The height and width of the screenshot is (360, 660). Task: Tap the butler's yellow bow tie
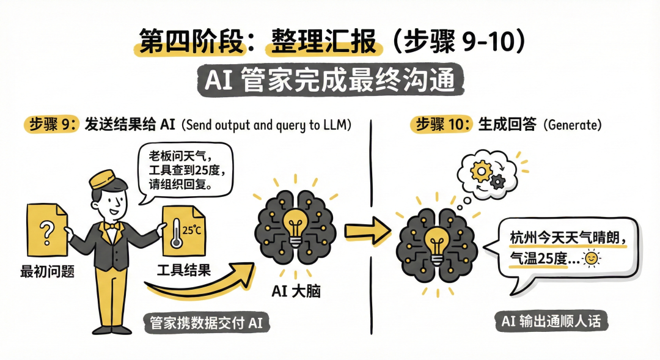(x=110, y=226)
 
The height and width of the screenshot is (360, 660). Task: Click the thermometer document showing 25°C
(x=183, y=235)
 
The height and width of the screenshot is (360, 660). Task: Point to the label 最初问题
(x=48, y=272)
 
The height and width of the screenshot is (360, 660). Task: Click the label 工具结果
(x=184, y=270)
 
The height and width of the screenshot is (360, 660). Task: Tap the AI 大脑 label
(x=296, y=292)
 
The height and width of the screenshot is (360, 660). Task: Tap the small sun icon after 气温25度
(x=591, y=259)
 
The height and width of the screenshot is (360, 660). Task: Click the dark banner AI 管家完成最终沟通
(x=330, y=81)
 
